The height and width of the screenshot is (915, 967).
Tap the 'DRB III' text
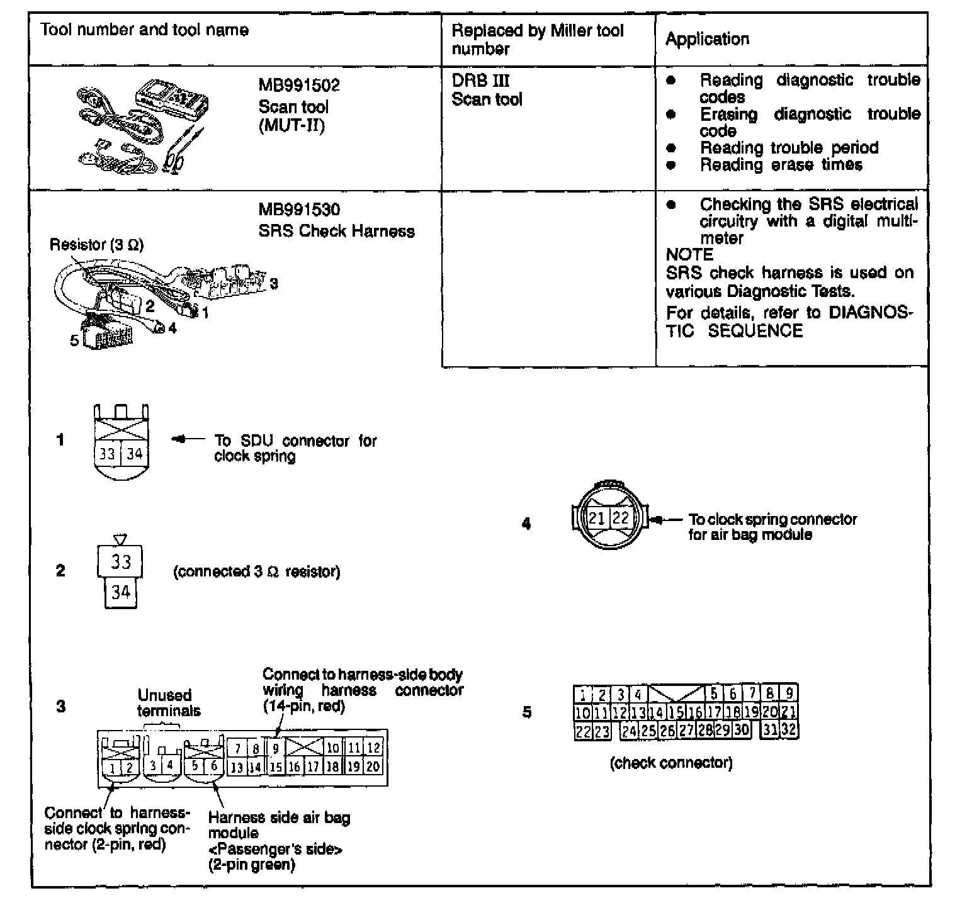tap(480, 81)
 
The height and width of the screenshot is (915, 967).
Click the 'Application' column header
tap(707, 39)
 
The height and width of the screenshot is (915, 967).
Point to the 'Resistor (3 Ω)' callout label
tap(96, 245)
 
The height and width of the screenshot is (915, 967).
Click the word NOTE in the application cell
tap(689, 255)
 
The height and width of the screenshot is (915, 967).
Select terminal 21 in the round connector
tap(597, 518)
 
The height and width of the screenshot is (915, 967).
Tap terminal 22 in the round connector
tap(621, 518)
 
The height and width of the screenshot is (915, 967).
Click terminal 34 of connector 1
tap(134, 453)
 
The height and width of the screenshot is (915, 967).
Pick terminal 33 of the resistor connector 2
tap(120, 561)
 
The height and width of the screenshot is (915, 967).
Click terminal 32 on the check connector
tap(789, 731)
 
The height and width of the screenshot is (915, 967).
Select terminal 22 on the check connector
tap(583, 731)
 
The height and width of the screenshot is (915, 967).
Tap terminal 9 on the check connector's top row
tap(789, 694)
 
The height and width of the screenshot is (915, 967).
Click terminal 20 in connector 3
tap(373, 766)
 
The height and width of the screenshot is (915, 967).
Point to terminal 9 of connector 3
tap(276, 749)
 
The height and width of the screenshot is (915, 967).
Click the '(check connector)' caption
tap(671, 763)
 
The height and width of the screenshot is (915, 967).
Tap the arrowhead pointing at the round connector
tap(657, 520)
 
